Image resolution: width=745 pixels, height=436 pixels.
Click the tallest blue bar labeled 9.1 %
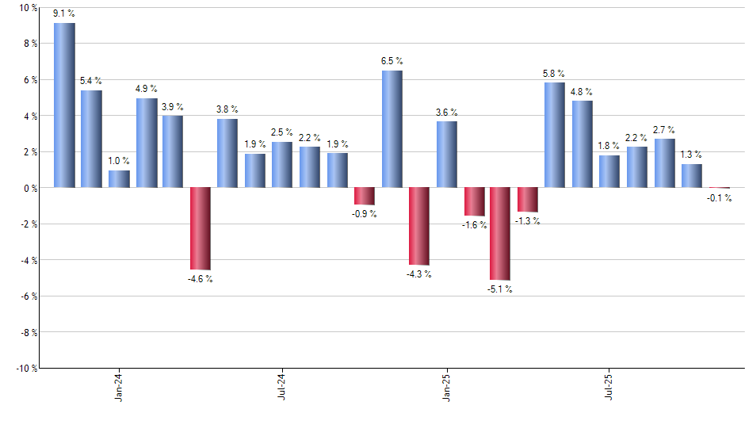[x=64, y=105]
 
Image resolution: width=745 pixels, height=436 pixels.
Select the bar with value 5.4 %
[x=92, y=139]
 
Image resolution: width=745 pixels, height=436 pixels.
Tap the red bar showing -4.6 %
[x=201, y=228]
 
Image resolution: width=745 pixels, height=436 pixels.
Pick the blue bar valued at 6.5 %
[x=392, y=129]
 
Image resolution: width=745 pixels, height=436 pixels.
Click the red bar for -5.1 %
[x=500, y=233]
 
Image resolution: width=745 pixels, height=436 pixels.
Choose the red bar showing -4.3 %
[x=418, y=226]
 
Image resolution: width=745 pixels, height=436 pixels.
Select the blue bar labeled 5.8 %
[x=555, y=135]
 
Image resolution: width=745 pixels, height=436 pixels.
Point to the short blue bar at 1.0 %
[x=119, y=179]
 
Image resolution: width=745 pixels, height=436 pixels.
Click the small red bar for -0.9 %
[x=365, y=196]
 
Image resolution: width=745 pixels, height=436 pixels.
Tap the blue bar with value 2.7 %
[x=664, y=163]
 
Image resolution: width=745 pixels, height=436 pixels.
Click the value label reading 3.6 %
[x=446, y=111]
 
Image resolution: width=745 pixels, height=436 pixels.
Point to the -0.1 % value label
[x=720, y=198]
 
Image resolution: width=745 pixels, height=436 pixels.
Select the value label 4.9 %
[x=147, y=88]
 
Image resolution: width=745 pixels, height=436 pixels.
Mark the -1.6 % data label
[x=475, y=225]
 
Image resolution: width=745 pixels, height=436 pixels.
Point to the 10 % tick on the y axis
[x=28, y=8]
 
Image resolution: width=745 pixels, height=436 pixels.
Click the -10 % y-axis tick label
[x=26, y=368]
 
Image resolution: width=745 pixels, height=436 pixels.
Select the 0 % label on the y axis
[x=30, y=188]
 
